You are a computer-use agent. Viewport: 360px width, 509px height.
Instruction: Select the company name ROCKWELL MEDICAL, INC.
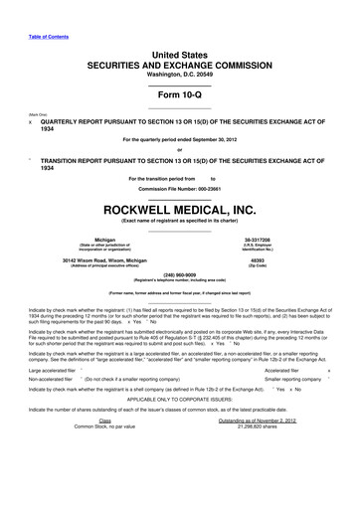point(180,210)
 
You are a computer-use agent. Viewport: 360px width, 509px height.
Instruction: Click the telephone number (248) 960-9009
point(180,275)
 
